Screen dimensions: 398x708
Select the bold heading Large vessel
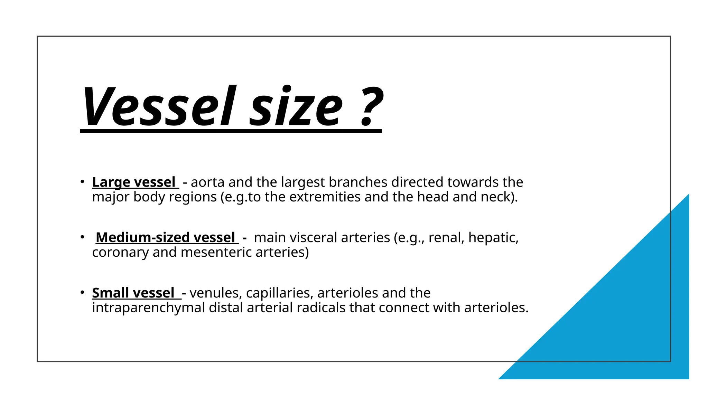point(134,182)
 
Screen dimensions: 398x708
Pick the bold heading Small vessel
point(133,293)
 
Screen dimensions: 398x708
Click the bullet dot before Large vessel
point(82,182)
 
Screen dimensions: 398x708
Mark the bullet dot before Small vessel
point(82,292)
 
